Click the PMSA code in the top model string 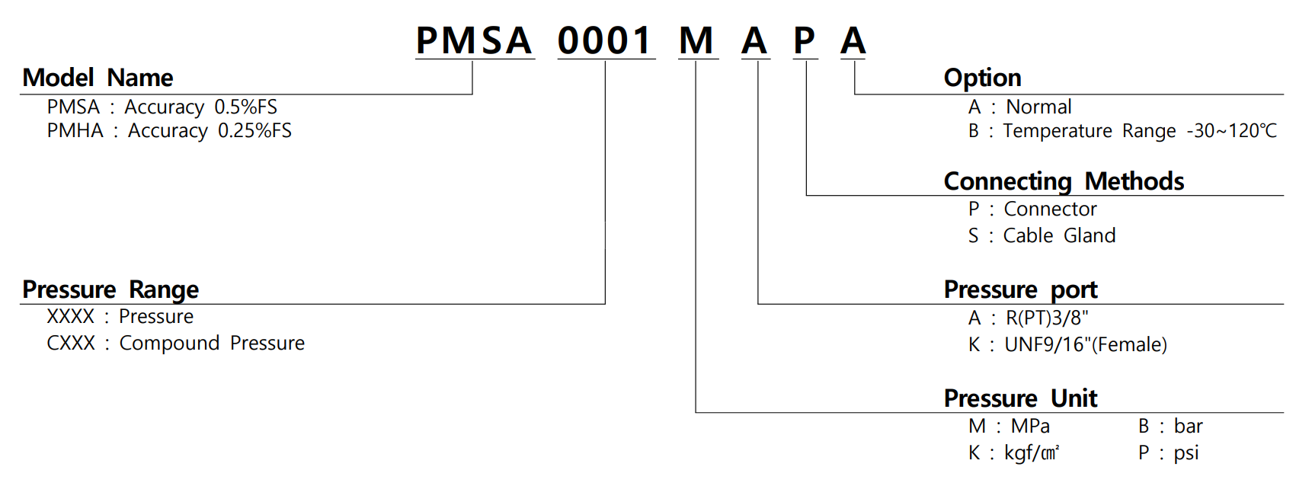tap(474, 40)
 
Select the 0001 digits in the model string tap(605, 40)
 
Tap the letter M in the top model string tap(696, 40)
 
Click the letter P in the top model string tap(805, 40)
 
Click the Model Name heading tap(98, 78)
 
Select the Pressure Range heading tap(110, 289)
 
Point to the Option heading tap(982, 78)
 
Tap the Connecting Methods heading tap(1064, 181)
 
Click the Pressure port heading tap(1020, 289)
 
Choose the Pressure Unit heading tap(1020, 398)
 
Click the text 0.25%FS tap(254, 131)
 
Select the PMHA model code tap(75, 131)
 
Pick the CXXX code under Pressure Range tap(71, 344)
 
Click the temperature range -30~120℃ tap(1231, 131)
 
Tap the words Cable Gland tap(1059, 236)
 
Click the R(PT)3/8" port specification tap(1047, 318)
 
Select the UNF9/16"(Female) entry tap(1086, 345)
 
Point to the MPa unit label tap(1030, 427)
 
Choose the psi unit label tap(1186, 453)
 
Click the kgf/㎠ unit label tap(1032, 453)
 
